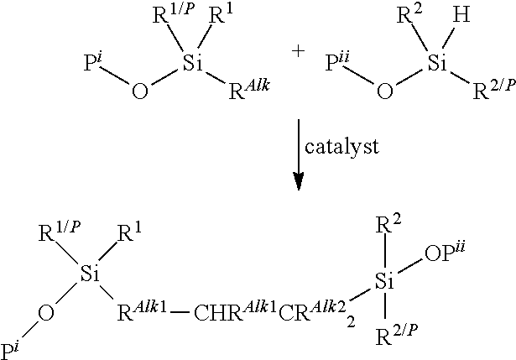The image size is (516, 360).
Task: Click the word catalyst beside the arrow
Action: point(341,147)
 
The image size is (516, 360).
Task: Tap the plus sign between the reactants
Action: point(298,51)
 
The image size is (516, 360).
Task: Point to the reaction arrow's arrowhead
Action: point(299,181)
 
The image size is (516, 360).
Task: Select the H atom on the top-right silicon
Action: point(461,15)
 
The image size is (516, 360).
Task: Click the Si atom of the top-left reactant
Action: point(193,63)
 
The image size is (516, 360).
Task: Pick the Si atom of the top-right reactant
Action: point(438,63)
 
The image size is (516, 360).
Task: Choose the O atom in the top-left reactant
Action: point(140,91)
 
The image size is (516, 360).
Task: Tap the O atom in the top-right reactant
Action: point(385,91)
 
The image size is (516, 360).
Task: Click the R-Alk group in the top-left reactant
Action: point(249,89)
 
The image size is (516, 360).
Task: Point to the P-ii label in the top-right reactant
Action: point(337,61)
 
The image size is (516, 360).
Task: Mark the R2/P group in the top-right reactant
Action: point(494,89)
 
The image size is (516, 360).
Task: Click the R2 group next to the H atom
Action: point(409,14)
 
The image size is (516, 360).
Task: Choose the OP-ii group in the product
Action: point(445,253)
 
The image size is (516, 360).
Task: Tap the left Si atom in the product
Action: point(90,274)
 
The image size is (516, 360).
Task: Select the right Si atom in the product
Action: point(385,281)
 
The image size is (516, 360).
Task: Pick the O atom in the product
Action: point(46,312)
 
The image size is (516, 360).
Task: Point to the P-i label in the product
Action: point(9,351)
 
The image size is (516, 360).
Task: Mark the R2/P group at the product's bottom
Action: point(397,335)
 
